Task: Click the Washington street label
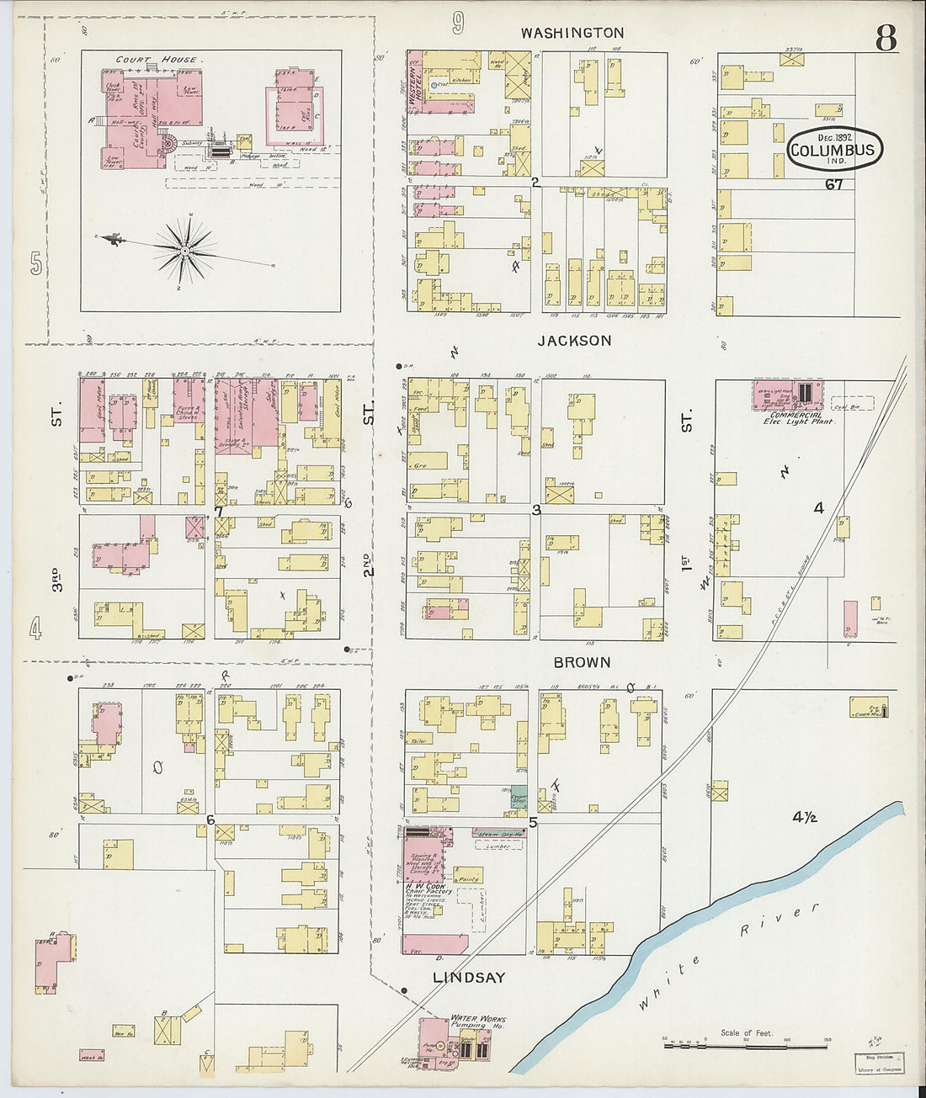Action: (572, 33)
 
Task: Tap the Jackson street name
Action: (575, 341)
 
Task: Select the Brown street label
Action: (582, 663)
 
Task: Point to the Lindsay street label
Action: (469, 978)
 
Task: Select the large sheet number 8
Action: (885, 38)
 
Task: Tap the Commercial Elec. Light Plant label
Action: (797, 418)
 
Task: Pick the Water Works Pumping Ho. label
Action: (477, 1021)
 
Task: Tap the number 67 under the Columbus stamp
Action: (833, 184)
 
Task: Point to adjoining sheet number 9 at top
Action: (457, 24)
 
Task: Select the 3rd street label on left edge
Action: (56, 580)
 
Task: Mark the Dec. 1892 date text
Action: (834, 137)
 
